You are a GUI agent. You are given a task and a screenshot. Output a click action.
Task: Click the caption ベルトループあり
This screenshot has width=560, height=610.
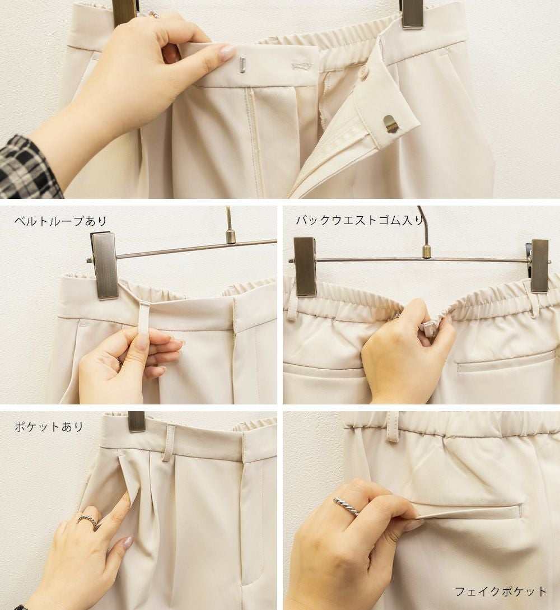click(x=60, y=221)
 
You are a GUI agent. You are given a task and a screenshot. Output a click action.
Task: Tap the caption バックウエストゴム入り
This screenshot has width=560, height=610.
click(x=360, y=220)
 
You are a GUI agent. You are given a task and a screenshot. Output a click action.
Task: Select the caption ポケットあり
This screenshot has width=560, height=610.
click(x=49, y=426)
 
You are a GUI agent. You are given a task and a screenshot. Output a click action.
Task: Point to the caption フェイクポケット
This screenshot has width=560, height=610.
click(x=501, y=592)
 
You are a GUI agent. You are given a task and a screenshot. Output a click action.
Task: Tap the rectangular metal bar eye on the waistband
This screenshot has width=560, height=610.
click(x=242, y=64)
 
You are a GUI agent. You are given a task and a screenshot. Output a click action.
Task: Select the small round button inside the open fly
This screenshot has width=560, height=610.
click(x=364, y=71)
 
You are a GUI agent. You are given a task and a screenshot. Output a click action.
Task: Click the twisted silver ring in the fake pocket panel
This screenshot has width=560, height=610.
click(x=347, y=506)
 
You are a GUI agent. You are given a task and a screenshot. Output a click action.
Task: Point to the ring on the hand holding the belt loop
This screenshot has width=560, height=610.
click(x=119, y=361)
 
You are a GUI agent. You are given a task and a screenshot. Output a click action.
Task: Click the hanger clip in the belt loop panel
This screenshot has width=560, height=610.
click(x=104, y=266)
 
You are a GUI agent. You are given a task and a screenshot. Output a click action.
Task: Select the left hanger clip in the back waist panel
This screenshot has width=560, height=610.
click(x=305, y=267)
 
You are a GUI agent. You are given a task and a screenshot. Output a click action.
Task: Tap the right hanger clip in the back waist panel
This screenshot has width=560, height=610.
click(x=540, y=266)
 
